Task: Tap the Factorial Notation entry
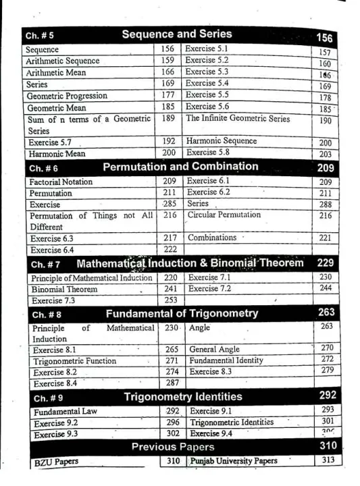[x=60, y=182]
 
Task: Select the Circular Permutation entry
[x=224, y=215]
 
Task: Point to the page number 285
[x=170, y=204]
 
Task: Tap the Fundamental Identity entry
[x=226, y=360]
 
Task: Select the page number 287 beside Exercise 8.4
[x=172, y=383]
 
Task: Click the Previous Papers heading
[x=173, y=447]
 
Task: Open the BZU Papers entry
[x=56, y=462]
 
